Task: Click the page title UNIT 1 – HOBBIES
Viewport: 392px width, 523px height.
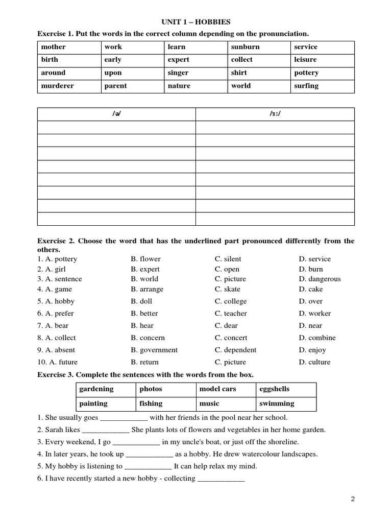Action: [x=196, y=22]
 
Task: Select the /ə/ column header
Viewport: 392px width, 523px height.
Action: [x=116, y=114]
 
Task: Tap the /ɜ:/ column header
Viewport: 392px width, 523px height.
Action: [x=275, y=114]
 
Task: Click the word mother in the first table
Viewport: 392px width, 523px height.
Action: [x=54, y=47]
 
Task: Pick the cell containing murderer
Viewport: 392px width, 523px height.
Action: [x=57, y=86]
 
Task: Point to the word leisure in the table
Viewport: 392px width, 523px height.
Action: [x=305, y=60]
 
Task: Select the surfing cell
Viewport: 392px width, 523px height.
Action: [x=306, y=86]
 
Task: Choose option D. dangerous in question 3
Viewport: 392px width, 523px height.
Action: [x=320, y=279]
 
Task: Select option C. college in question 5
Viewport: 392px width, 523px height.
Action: [x=231, y=301]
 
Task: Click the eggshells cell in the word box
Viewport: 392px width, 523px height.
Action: [x=274, y=389]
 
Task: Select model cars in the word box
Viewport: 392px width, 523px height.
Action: [x=217, y=389]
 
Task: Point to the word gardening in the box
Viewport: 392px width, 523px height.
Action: [x=96, y=389]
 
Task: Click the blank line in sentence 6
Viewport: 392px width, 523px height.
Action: [x=220, y=479]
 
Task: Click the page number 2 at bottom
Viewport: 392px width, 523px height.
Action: [x=352, y=500]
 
